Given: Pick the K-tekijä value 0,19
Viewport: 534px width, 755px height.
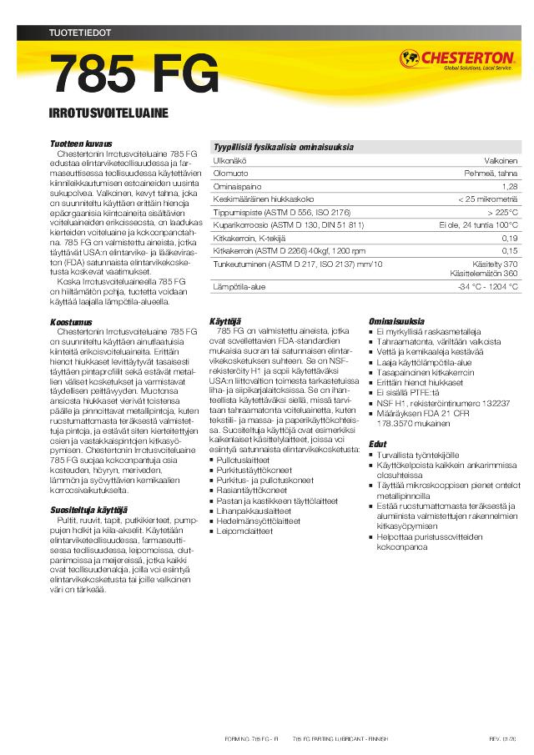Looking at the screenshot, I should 510,238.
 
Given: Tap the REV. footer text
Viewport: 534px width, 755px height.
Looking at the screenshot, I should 496,740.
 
